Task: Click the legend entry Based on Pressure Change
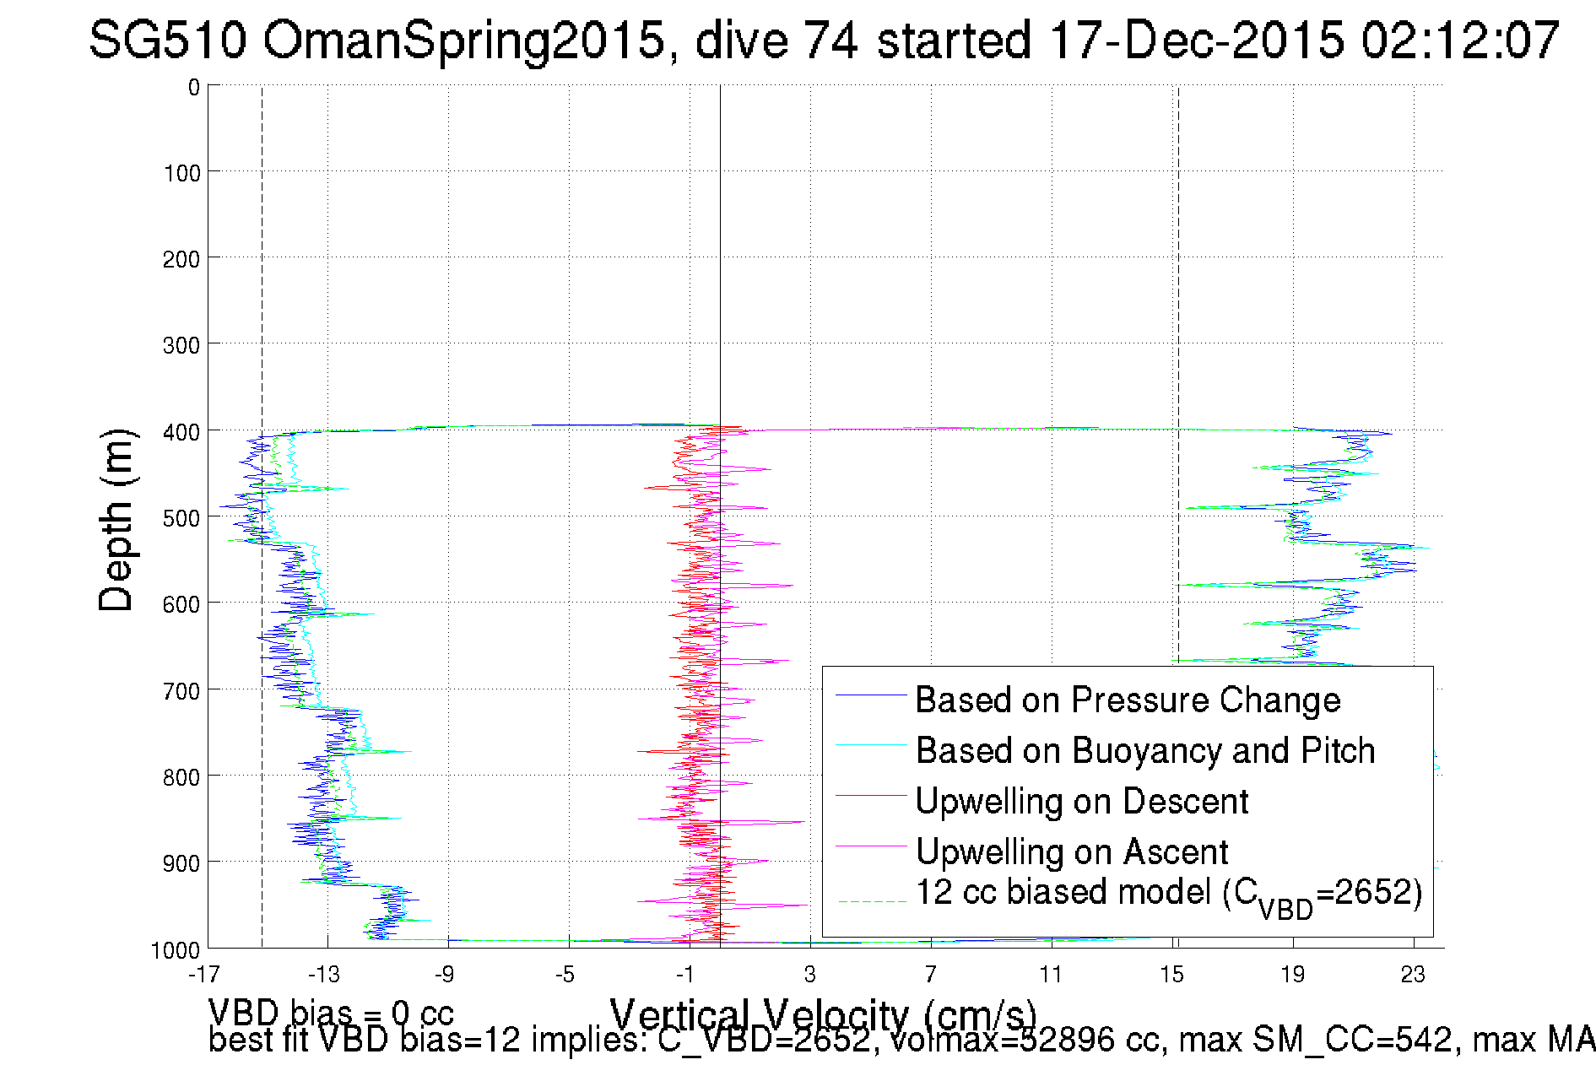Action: pos(1128,700)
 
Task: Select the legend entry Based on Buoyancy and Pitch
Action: pos(1145,750)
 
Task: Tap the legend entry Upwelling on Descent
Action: pos(1081,801)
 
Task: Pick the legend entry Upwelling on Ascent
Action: pos(1071,851)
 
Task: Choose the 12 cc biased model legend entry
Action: pos(1168,894)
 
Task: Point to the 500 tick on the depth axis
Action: pos(181,517)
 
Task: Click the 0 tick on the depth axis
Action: pos(194,87)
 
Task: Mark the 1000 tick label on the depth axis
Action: pos(176,950)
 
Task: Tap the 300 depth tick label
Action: pos(181,345)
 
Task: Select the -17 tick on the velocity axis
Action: pos(204,975)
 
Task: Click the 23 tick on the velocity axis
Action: pos(1413,975)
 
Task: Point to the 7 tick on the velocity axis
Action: pos(930,975)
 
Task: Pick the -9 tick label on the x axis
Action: pos(445,975)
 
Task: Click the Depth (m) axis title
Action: pos(116,520)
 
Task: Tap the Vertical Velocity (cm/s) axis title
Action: pos(823,1013)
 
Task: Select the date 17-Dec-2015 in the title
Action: pos(1196,40)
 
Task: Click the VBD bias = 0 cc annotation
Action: pos(331,1012)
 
